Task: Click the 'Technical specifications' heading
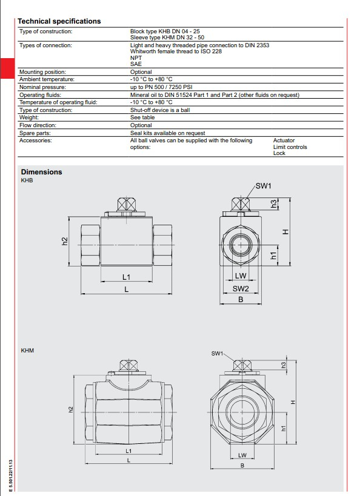(59, 21)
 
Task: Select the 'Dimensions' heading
(41, 172)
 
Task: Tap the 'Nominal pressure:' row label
(43, 87)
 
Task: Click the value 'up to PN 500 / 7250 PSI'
(161, 87)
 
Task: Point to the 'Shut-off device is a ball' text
(160, 110)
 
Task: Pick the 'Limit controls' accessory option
(290, 147)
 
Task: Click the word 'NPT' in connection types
(136, 58)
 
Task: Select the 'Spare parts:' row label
(35, 133)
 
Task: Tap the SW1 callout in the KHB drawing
(264, 186)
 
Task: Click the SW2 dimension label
(241, 288)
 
